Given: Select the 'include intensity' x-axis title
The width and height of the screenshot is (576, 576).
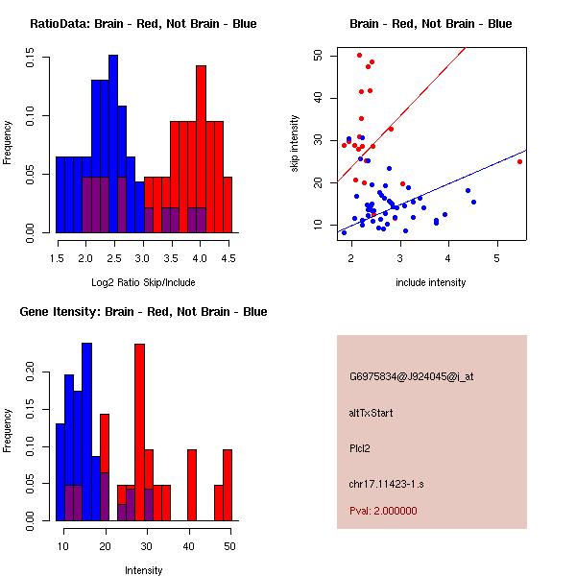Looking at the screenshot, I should (431, 281).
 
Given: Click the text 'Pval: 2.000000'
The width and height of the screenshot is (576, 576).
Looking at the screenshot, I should (383, 511).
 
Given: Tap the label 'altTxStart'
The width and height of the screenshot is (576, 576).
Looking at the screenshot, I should (372, 413).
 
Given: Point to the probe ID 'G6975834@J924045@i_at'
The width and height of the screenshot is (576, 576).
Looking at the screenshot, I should (411, 376).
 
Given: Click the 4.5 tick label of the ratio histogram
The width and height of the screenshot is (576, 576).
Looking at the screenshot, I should (228, 257).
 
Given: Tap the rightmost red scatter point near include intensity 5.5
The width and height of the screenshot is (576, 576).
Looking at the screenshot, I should (519, 161).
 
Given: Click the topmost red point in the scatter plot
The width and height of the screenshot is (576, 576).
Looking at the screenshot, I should (359, 55).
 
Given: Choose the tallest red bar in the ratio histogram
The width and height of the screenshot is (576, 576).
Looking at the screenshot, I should (201, 149).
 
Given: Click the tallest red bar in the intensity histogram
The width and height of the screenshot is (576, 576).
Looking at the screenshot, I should (139, 432).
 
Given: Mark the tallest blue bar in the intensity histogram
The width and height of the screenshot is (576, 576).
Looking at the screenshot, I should (86, 432).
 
